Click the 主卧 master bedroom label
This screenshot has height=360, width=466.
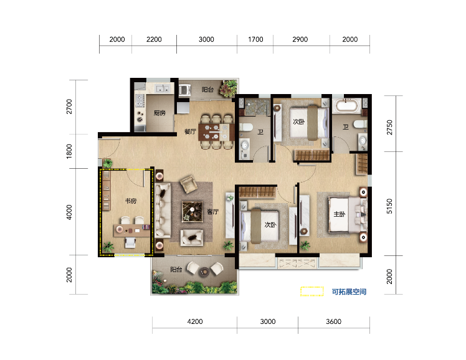(340, 214)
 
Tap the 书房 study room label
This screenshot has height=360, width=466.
(131, 201)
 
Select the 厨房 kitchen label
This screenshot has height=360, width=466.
(159, 113)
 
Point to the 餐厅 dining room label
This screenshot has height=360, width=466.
(191, 131)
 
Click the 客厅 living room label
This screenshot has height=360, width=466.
(213, 212)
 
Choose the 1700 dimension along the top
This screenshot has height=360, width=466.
(255, 39)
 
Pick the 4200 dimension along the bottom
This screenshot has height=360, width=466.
(195, 321)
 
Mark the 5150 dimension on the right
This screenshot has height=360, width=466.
(389, 206)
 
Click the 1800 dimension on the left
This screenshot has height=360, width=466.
(69, 151)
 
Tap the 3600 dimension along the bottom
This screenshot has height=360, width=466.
(333, 321)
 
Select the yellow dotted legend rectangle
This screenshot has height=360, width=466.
(311, 291)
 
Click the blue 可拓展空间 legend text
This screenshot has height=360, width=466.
(349, 291)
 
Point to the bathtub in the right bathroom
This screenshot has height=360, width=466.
(347, 106)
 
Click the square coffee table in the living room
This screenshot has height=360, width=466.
(193, 212)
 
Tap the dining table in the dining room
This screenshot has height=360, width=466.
(217, 132)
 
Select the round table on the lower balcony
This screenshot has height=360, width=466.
(204, 271)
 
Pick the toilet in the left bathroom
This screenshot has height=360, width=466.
(245, 127)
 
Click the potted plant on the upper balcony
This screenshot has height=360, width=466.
(229, 88)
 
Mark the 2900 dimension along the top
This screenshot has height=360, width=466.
(300, 39)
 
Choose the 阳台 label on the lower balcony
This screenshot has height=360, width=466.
(176, 270)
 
